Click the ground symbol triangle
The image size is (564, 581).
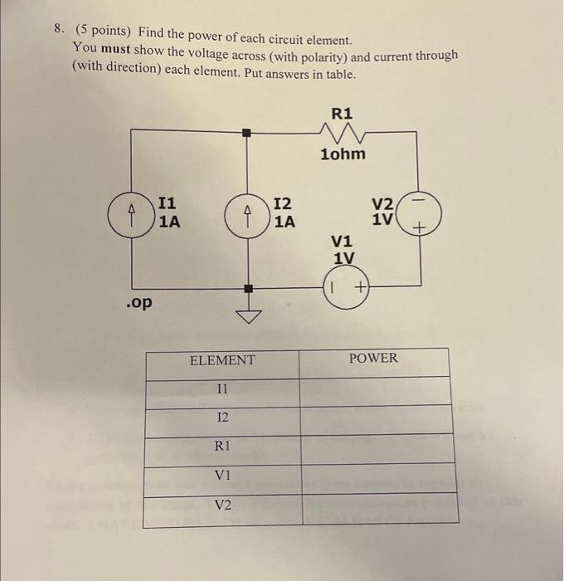[x=246, y=315]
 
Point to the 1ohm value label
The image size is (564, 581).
[x=343, y=154]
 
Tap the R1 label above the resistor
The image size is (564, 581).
[x=342, y=111]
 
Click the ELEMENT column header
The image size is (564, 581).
[x=222, y=360]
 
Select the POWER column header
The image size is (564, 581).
[x=373, y=359]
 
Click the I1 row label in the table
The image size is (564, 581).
[x=221, y=388]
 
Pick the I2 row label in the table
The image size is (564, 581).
[x=221, y=417]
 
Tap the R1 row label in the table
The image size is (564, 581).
[x=222, y=446]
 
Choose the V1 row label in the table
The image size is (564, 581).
[x=222, y=475]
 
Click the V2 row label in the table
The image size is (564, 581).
[x=222, y=505]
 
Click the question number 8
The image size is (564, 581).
[x=58, y=30]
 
